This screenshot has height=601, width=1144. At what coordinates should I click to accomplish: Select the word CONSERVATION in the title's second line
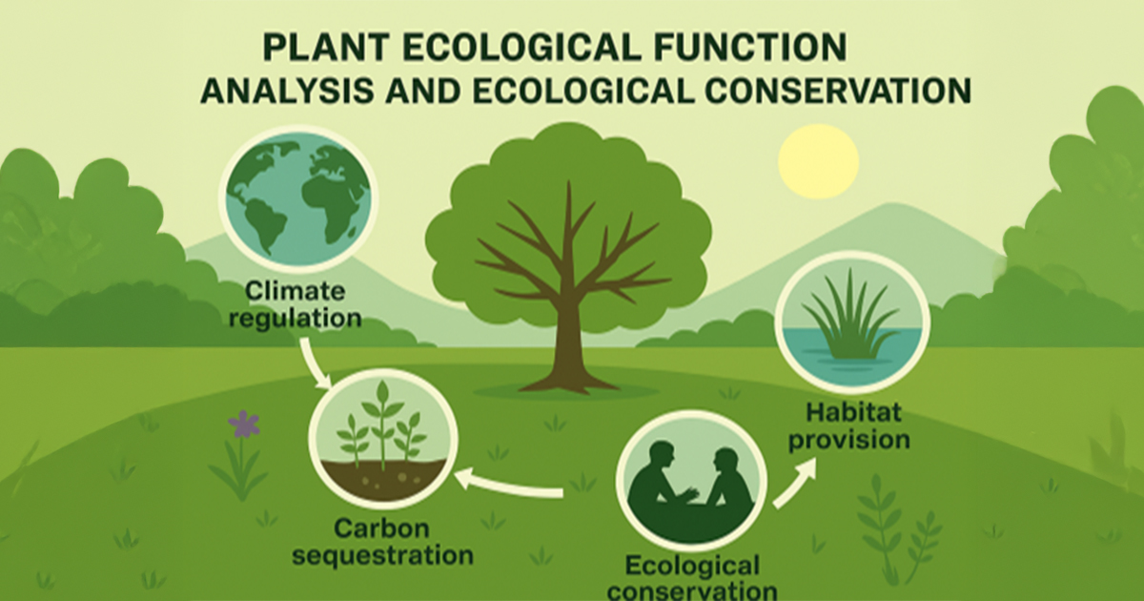pos(838,92)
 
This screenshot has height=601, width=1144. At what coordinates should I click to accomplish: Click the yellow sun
pos(818,161)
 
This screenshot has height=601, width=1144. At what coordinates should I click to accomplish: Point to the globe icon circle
pos(298,198)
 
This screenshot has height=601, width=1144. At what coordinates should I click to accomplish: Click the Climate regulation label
pos(296,304)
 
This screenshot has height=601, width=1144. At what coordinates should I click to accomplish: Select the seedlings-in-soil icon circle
pos(383,439)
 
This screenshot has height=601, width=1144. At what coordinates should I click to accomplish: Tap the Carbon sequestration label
pos(382,542)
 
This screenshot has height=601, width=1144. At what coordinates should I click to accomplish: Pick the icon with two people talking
pos(691,481)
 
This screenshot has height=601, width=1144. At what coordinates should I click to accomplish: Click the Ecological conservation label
pos(692,578)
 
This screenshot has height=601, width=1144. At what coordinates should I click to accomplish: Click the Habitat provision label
pos(849,426)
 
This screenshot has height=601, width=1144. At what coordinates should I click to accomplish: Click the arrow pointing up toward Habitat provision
pos(794,483)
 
